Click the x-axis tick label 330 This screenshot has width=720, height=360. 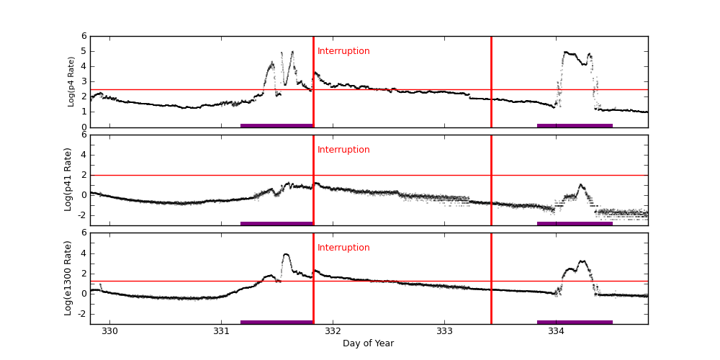(x=109, y=331)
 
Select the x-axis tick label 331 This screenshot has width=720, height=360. (x=221, y=331)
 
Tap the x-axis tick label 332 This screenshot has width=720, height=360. (x=333, y=331)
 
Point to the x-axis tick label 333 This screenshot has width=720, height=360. (x=444, y=331)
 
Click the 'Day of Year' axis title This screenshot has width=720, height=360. (x=368, y=343)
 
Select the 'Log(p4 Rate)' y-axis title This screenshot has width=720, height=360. (x=71, y=81)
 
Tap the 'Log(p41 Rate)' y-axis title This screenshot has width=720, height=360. (x=68, y=179)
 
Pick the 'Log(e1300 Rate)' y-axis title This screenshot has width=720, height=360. (x=68, y=278)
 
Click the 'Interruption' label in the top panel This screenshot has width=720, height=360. (x=343, y=51)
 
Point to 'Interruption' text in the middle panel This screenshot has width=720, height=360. (x=343, y=150)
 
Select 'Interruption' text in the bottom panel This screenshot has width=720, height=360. (x=343, y=248)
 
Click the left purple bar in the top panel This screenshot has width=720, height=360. (x=276, y=125)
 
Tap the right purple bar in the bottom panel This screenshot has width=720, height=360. (x=575, y=322)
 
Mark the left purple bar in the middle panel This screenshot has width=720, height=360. (x=276, y=223)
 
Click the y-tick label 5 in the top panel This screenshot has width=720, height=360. (x=84, y=51)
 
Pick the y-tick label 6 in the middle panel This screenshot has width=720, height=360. (x=84, y=135)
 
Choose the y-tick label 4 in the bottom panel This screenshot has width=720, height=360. (x=84, y=253)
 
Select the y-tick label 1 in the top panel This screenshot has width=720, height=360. (x=84, y=112)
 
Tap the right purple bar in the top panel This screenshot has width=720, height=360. (x=575, y=125)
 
